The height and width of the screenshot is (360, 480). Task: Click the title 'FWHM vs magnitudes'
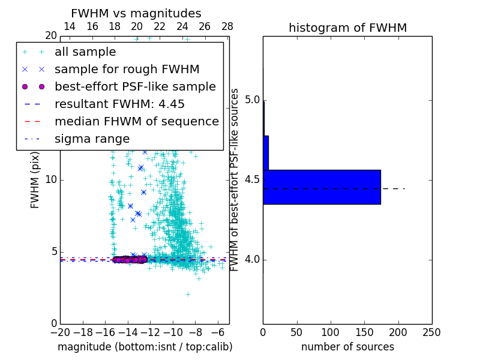pyautogui.click(x=136, y=13)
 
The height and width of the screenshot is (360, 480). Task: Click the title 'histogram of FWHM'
pyautogui.click(x=347, y=28)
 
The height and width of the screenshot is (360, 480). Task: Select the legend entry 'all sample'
pyautogui.click(x=85, y=52)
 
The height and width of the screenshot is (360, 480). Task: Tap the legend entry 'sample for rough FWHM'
pyautogui.click(x=127, y=69)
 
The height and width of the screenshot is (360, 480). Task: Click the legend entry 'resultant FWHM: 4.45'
pyautogui.click(x=119, y=104)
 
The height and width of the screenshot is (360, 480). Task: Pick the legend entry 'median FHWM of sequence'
pyautogui.click(x=136, y=121)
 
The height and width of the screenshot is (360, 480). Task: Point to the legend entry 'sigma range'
pyautogui.click(x=92, y=139)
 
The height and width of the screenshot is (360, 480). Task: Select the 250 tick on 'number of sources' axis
pyautogui.click(x=432, y=332)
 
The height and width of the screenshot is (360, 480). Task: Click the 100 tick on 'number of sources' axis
pyautogui.click(x=331, y=332)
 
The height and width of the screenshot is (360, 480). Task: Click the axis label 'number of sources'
pyautogui.click(x=347, y=347)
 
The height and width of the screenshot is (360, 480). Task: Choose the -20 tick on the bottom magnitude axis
pyautogui.click(x=60, y=332)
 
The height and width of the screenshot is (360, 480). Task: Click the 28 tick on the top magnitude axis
pyautogui.click(x=227, y=26)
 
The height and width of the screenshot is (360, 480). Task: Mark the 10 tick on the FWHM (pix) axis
pyautogui.click(x=50, y=179)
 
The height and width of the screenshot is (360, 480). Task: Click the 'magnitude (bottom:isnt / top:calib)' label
pyautogui.click(x=145, y=347)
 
